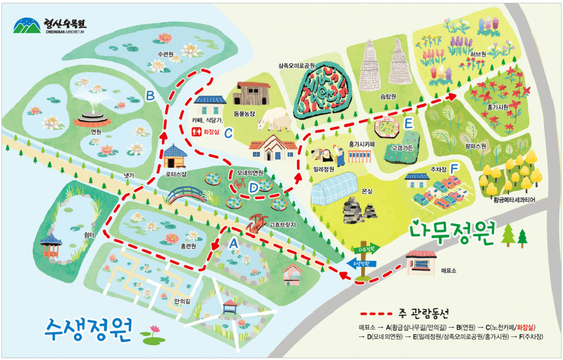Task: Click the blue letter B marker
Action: (150, 96)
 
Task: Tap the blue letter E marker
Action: (408, 124)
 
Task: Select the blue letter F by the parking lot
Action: (454, 167)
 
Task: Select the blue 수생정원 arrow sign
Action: (360, 264)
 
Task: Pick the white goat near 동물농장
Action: (275, 122)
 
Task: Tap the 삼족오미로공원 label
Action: (296, 66)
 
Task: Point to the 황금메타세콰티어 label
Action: (514, 200)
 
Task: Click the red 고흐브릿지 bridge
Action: (256, 223)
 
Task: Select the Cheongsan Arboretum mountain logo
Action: (27, 26)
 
